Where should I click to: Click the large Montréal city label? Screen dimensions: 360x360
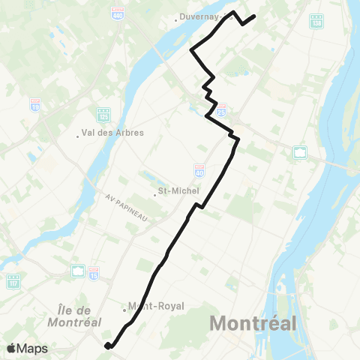click(x=253, y=324)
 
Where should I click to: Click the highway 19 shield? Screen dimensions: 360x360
click(x=35, y=104)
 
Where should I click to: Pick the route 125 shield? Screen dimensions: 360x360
click(x=103, y=115)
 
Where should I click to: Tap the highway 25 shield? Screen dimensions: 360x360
click(x=221, y=109)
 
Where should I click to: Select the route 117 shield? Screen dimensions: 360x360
click(x=13, y=282)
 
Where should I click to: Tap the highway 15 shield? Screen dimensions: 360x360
click(x=94, y=271)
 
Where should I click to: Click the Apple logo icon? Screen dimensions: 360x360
click(x=12, y=349)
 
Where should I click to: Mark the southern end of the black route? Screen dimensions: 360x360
click(x=108, y=346)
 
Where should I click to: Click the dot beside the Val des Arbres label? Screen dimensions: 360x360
click(x=79, y=136)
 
